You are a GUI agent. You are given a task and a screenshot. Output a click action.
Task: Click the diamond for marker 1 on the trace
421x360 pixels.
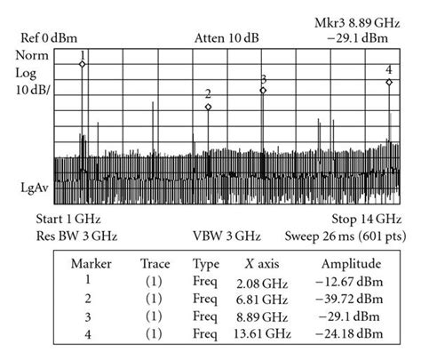[x=82, y=64]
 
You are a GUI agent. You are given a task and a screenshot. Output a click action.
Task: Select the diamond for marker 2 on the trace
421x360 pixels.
[x=208, y=108]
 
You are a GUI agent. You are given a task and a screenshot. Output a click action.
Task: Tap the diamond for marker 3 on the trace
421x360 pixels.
[x=263, y=90]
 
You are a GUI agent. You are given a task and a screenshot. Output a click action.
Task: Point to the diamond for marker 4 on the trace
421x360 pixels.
[x=389, y=82]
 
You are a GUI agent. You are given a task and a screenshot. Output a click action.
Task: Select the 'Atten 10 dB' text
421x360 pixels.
[x=221, y=38]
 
